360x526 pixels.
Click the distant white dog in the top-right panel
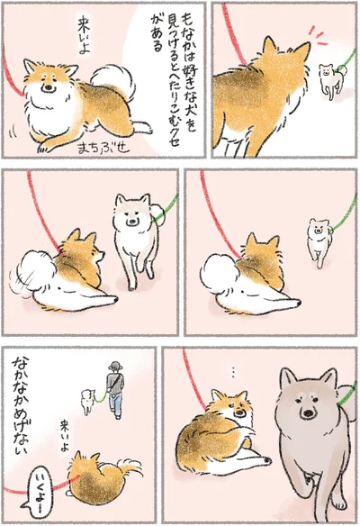333,81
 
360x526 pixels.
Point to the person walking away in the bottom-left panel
113,388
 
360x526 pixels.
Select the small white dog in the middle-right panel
319,240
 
